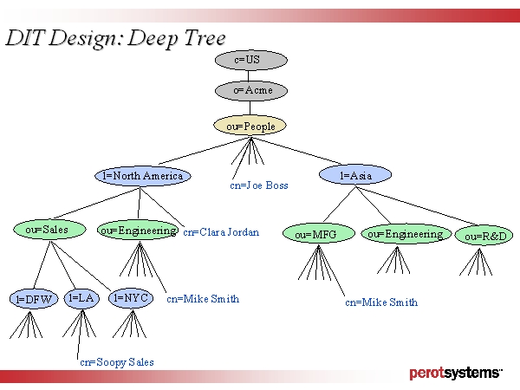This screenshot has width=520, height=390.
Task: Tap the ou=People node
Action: coord(250,126)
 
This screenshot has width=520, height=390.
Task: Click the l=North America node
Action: coord(142,176)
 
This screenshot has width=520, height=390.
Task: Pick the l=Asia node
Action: coord(355,176)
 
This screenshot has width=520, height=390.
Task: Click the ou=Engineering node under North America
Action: coord(138,231)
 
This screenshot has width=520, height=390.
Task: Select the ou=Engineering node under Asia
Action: coord(404,234)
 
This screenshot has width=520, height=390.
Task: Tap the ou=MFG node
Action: coord(319,234)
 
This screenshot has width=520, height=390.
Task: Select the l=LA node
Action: coord(81,298)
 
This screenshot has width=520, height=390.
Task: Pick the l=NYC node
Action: coord(132,298)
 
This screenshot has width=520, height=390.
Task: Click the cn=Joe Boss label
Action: coord(259,185)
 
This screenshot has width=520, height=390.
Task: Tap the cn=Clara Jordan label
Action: coord(221,232)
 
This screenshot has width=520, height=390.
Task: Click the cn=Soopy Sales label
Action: coord(117,362)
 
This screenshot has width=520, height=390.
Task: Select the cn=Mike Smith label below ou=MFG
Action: coord(381,302)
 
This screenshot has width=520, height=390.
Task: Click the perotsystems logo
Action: coord(455,374)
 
